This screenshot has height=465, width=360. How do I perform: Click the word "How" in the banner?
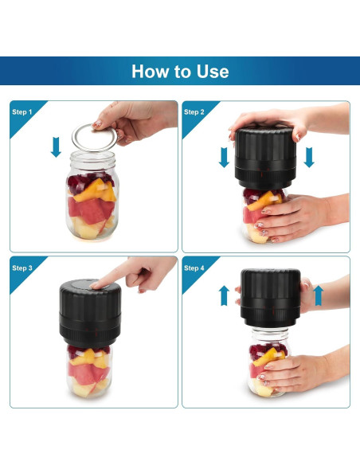tap(151, 72)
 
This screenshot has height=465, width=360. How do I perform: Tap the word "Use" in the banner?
tap(213, 72)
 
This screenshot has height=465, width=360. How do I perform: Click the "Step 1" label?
tap(22, 112)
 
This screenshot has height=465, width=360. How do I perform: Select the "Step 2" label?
tap(194, 112)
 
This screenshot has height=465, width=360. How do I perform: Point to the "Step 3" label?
tap(22, 268)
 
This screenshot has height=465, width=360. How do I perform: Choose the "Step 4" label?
tap(194, 268)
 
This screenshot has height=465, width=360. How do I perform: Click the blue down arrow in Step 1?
tap(56, 147)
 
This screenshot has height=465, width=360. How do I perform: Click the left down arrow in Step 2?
tap(224, 157)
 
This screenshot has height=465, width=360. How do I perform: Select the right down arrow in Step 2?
tap(309, 157)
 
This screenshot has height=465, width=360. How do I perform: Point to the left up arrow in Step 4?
tap(224, 295)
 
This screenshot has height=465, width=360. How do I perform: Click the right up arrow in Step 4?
tap(319, 295)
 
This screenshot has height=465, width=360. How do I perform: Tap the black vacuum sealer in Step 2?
tap(265, 158)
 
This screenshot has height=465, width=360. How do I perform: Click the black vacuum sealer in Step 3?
tap(90, 313)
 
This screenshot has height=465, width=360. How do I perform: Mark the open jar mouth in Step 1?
tap(93, 156)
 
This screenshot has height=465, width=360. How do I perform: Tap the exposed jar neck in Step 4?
tap(269, 334)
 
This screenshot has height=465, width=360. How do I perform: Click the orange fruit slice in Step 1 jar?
tap(96, 190)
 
